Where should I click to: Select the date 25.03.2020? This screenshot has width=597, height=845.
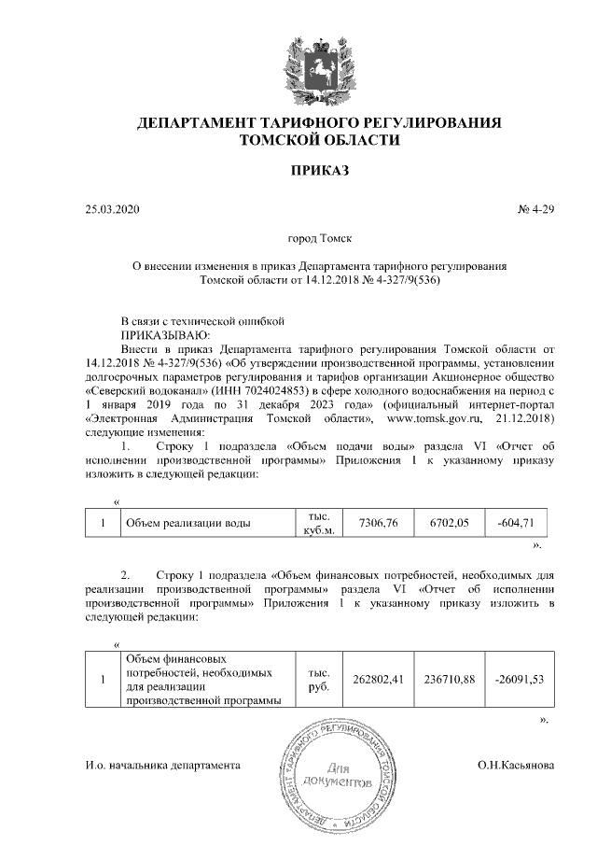tap(111, 209)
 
